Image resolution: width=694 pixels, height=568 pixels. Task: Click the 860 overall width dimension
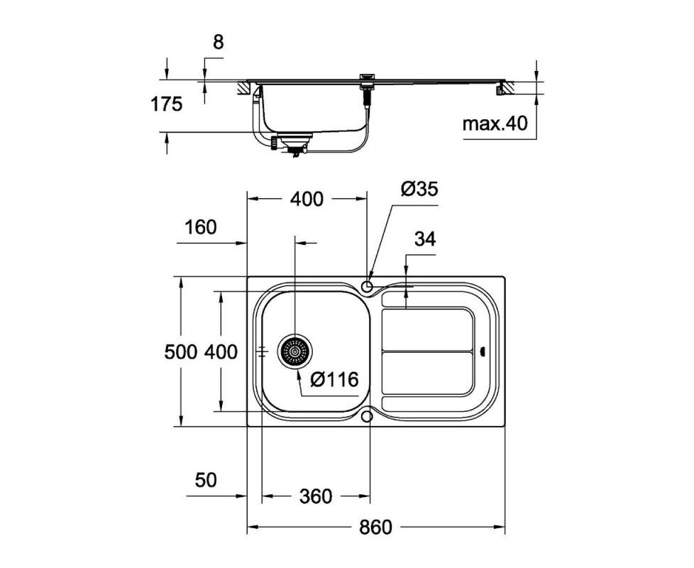pyautogui.click(x=375, y=528)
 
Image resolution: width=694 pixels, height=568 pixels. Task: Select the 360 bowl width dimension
pyautogui.click(x=315, y=496)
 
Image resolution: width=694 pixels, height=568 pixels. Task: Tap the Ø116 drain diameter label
pyautogui.click(x=334, y=379)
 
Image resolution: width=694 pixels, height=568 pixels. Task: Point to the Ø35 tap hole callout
pyautogui.click(x=419, y=189)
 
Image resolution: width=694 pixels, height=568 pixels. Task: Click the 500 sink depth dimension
pyautogui.click(x=180, y=352)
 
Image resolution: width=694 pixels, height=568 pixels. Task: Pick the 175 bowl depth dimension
pyautogui.click(x=167, y=104)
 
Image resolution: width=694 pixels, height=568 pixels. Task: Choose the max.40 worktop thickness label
pyautogui.click(x=495, y=124)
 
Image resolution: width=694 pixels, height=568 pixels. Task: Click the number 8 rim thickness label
pyautogui.click(x=219, y=43)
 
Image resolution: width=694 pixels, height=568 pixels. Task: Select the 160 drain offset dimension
pyautogui.click(x=201, y=227)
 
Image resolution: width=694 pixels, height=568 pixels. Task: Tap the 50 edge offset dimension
pyautogui.click(x=206, y=480)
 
